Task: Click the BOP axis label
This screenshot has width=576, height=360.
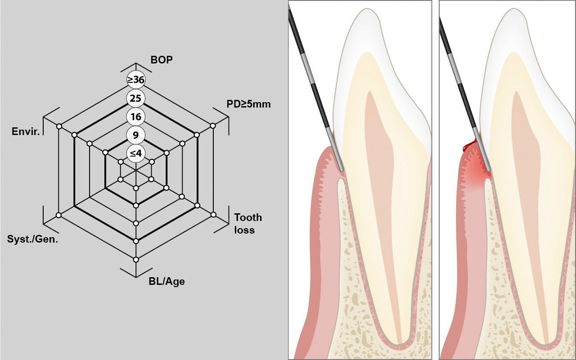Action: pyautogui.click(x=162, y=59)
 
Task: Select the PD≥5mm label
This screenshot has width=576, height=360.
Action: pyautogui.click(x=249, y=104)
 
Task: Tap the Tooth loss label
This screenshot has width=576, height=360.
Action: pyautogui.click(x=247, y=223)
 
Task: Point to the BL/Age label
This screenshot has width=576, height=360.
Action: pyautogui.click(x=166, y=282)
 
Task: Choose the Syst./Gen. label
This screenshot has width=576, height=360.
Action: pyautogui.click(x=32, y=239)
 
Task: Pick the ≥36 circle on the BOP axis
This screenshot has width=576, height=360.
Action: pyautogui.click(x=136, y=80)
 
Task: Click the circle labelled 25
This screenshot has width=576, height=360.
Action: pyautogui.click(x=136, y=98)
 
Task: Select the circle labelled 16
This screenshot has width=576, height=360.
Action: pyautogui.click(x=136, y=117)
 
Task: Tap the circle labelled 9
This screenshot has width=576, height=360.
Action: pyautogui.click(x=136, y=135)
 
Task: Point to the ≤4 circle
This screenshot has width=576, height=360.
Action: pyautogui.click(x=136, y=153)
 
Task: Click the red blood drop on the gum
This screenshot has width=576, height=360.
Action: pyautogui.click(x=468, y=146)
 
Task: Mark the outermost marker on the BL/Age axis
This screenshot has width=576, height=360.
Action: pyautogui.click(x=136, y=259)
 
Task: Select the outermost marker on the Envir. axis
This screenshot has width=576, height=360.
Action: pyautogui.click(x=59, y=126)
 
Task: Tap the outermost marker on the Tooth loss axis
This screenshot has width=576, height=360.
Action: pyautogui.click(x=213, y=215)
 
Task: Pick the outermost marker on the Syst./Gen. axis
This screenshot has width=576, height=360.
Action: pyautogui.click(x=58, y=215)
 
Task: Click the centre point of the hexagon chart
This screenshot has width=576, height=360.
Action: pyautogui.click(x=136, y=171)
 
